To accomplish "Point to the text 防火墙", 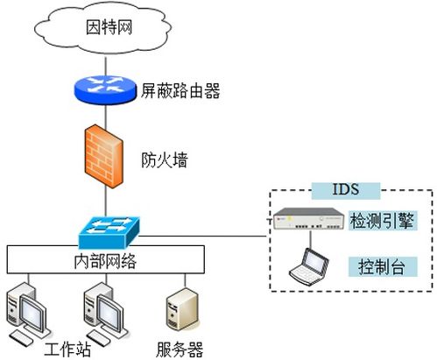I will pos(165,160).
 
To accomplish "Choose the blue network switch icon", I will pos(109,231).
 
